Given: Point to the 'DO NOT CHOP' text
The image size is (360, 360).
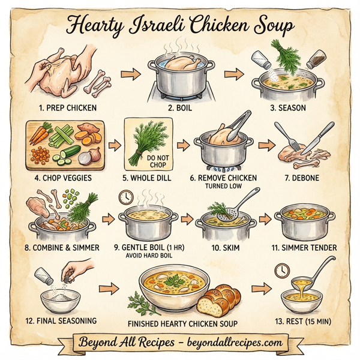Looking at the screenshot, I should pyautogui.click(x=146, y=161).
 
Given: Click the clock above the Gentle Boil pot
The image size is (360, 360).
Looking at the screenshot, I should pyautogui.click(x=127, y=196).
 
